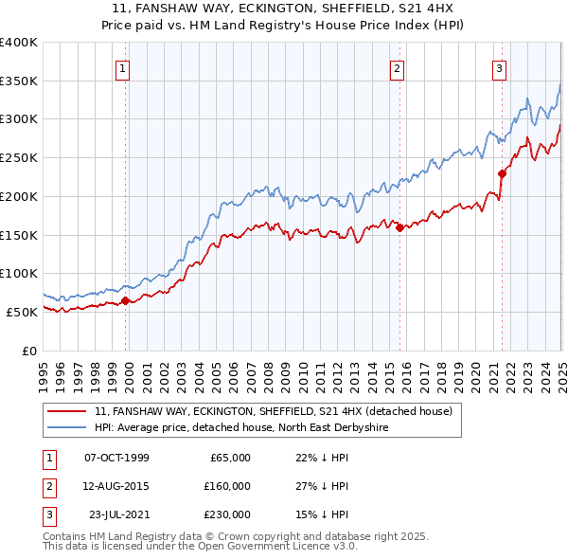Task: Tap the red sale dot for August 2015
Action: click(x=399, y=227)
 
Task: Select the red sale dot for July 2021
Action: click(x=503, y=173)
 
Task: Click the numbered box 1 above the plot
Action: click(x=125, y=67)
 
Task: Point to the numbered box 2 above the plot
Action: click(x=398, y=67)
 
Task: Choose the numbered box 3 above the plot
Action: click(x=499, y=67)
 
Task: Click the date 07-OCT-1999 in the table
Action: click(x=116, y=458)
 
